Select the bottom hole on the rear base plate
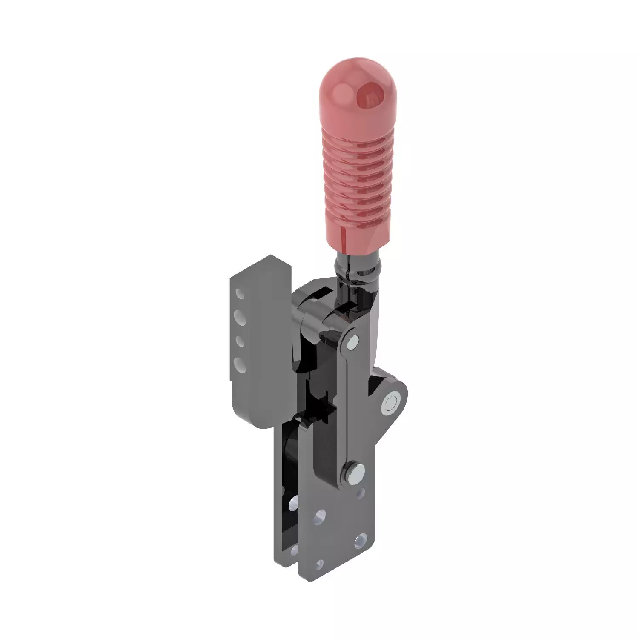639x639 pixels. click(293, 552)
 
